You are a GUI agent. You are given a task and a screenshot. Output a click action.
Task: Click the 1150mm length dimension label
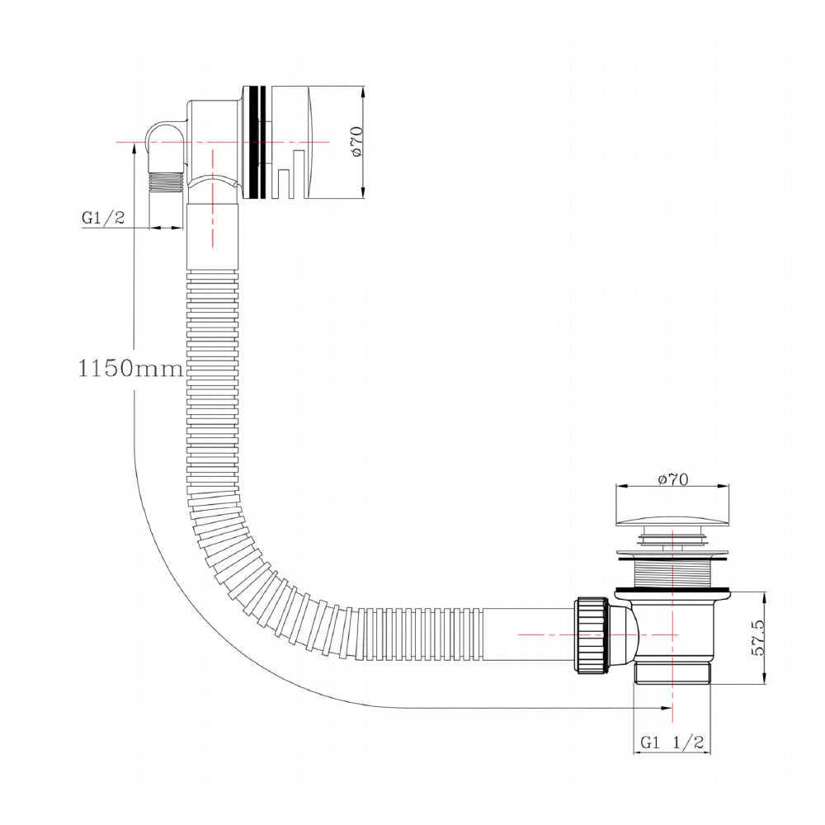(x=130, y=367)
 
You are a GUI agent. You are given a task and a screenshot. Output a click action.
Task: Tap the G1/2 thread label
(x=102, y=218)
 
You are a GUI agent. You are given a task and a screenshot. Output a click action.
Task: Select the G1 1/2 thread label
(x=672, y=742)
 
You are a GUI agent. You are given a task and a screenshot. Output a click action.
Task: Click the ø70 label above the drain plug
(x=672, y=479)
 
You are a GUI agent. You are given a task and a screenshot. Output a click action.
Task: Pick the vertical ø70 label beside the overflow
(x=356, y=142)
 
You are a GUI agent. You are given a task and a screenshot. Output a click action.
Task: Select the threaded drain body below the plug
(x=672, y=568)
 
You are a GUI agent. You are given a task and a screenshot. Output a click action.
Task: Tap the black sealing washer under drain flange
(x=672, y=588)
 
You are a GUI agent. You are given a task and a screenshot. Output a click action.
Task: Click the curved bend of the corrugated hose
(x=247, y=561)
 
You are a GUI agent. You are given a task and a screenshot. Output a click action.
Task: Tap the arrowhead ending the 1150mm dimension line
(x=666, y=708)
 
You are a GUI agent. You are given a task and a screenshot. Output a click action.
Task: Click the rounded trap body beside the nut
(x=625, y=634)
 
